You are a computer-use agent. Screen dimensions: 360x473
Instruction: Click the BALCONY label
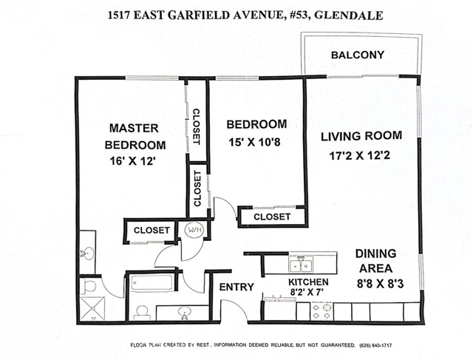coord(358,55)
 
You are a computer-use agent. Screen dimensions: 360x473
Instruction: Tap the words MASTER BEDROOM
coord(135,135)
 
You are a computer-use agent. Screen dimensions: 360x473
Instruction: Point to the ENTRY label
coord(236,287)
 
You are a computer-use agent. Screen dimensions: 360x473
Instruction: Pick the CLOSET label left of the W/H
coord(152,231)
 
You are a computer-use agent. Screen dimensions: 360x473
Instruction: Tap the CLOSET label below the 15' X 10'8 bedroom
coord(272,217)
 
